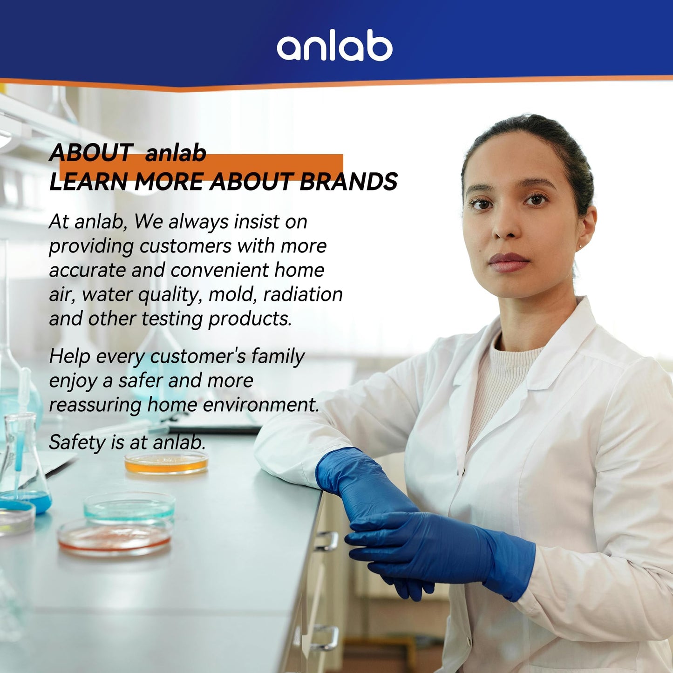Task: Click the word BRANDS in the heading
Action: point(348,182)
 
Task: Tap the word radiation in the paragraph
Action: point(303,294)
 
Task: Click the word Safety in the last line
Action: point(77,442)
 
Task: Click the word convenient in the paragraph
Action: point(220,270)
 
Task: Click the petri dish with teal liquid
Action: point(129,506)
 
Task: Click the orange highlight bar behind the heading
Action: point(201,167)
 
